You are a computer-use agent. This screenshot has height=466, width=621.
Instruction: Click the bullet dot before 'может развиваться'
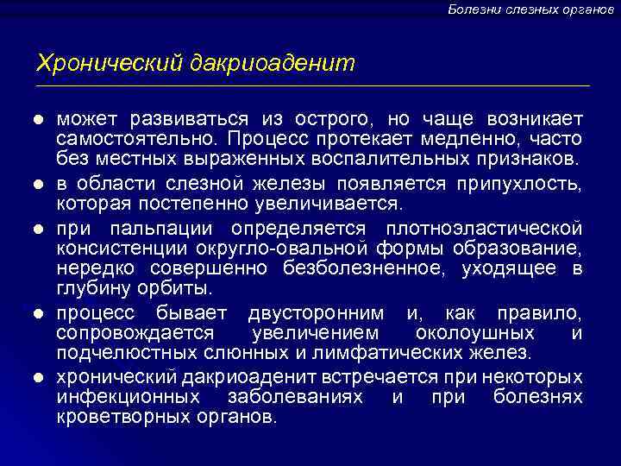40,117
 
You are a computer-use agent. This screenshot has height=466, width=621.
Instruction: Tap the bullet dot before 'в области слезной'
40,183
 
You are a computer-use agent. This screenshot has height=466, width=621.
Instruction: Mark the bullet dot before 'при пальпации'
40,228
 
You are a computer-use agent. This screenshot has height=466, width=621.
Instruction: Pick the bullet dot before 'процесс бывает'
40,312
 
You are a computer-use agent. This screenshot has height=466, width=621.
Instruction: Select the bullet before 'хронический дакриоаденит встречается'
40,377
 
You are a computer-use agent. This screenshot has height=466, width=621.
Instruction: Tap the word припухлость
532,183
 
